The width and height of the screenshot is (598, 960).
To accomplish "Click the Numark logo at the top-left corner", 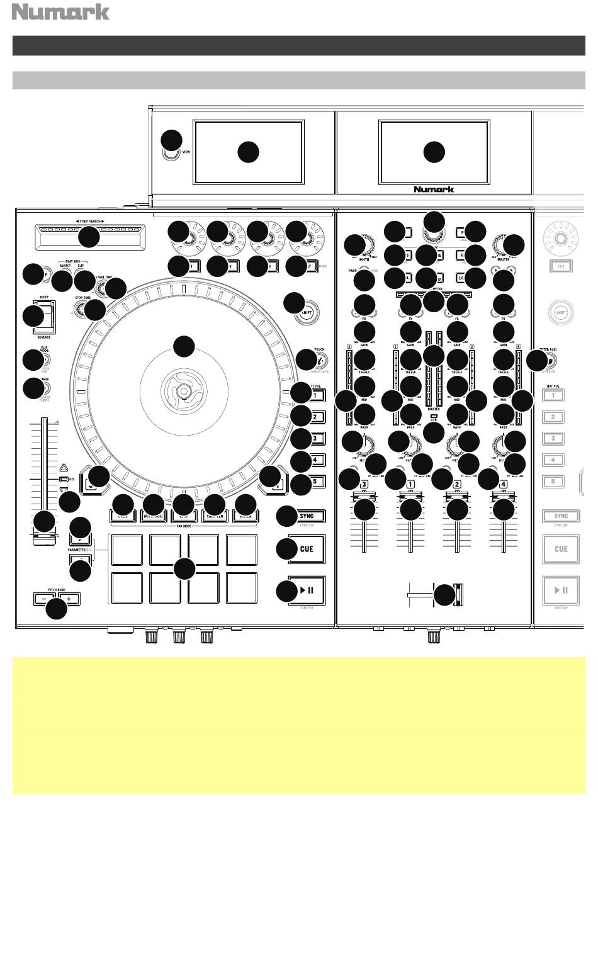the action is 61,12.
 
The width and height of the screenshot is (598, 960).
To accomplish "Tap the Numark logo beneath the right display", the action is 433,189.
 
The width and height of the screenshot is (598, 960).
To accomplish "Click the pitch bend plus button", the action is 69,599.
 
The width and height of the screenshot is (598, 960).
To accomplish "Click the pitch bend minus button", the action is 44,599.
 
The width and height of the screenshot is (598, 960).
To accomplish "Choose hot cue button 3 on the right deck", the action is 553,438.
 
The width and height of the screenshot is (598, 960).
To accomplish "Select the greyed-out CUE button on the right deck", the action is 560,549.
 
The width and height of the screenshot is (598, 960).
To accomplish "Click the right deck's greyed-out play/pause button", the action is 560,590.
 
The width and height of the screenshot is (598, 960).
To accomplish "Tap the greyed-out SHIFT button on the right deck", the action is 560,312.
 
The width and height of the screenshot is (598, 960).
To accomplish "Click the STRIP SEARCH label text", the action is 86,221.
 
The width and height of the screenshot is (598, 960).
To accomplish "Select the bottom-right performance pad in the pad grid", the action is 241,587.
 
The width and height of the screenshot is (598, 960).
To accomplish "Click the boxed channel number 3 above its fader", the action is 364,485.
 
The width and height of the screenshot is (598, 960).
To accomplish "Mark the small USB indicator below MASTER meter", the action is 434,417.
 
